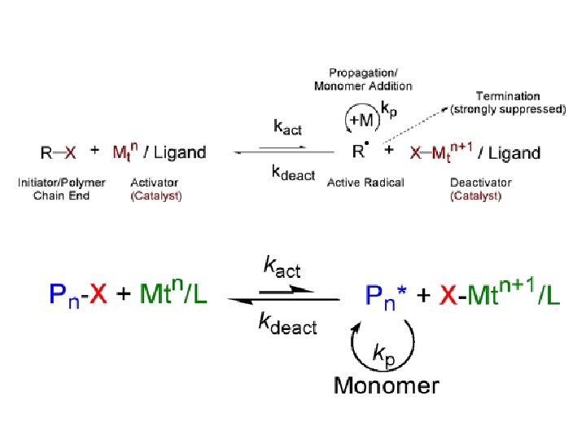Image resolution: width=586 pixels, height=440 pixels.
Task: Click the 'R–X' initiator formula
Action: point(59,152)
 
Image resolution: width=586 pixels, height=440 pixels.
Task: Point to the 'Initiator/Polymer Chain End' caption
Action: point(62,189)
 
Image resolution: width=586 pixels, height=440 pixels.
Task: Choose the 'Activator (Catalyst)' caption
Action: point(155,189)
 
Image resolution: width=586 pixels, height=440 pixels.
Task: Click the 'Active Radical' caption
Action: point(365,183)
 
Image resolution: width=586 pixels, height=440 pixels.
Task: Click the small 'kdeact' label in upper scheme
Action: point(293,173)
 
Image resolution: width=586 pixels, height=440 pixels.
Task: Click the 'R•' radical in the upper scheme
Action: point(360,151)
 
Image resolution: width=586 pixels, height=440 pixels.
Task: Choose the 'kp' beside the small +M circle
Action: point(390,108)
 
